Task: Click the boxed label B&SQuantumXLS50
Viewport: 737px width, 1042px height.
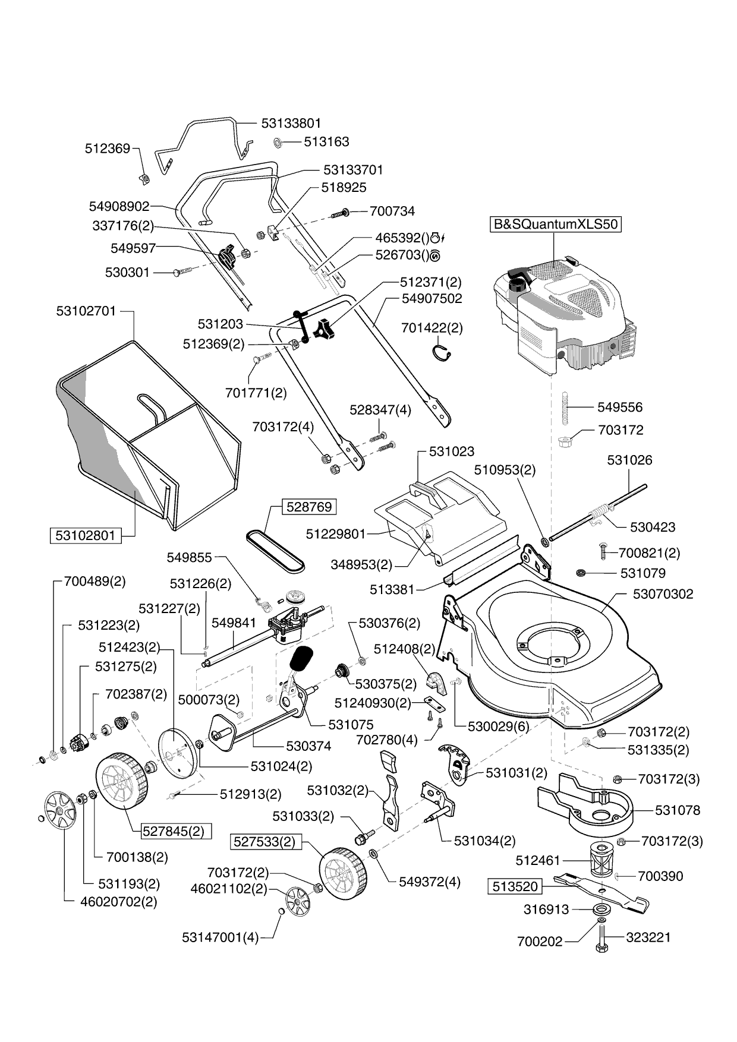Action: pos(555,225)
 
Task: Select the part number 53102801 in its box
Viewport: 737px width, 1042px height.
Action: pos(85,535)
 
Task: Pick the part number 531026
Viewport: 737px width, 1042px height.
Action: pos(629,460)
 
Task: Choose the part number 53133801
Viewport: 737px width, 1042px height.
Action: pos(291,123)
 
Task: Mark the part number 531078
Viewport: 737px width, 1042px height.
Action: pos(678,810)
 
